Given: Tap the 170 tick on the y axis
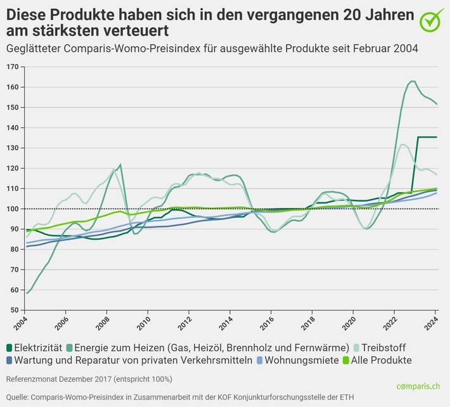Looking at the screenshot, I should pyautogui.click(x=11, y=67).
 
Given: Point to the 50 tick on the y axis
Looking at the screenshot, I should pyautogui.click(x=13, y=310).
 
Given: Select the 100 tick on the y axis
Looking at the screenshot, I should pyautogui.click(x=11, y=209).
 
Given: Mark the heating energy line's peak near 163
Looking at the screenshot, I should pyautogui.click(x=412, y=81).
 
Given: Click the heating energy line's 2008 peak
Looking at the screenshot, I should pyautogui.click(x=120, y=165).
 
